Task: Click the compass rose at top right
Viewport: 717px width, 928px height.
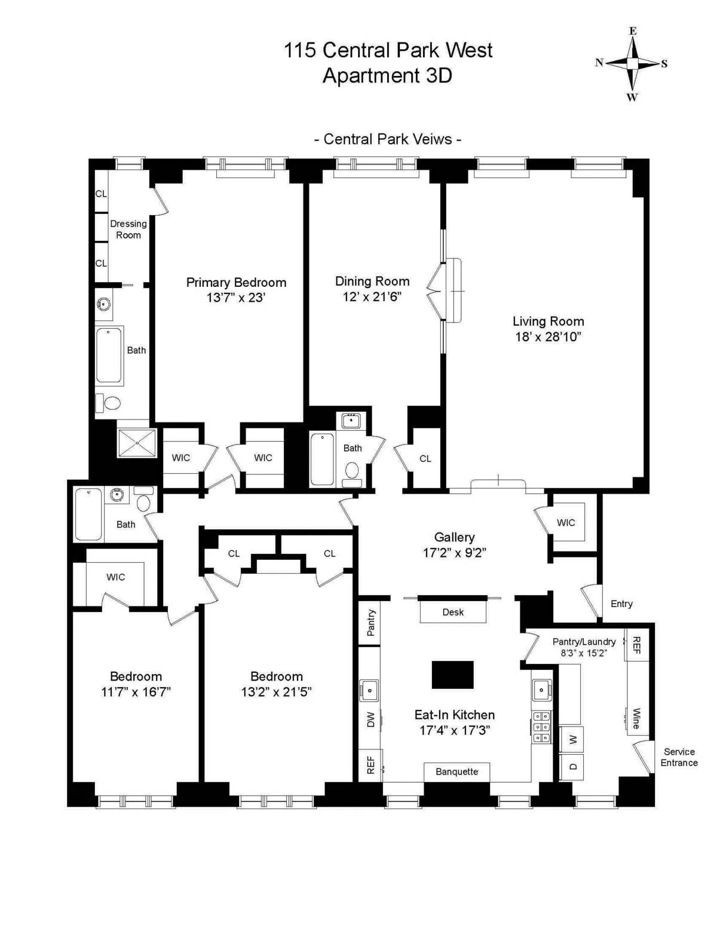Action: click(x=632, y=63)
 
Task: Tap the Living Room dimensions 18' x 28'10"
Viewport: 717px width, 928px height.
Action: click(x=548, y=336)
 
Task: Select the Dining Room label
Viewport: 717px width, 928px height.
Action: click(x=372, y=281)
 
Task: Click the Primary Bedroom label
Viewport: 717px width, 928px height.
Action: click(x=236, y=282)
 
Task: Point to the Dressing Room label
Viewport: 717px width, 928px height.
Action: click(x=128, y=229)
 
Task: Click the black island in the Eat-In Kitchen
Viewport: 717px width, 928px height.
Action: click(x=452, y=675)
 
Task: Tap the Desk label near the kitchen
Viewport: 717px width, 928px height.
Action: click(x=453, y=612)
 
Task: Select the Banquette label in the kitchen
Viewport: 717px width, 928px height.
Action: click(x=456, y=771)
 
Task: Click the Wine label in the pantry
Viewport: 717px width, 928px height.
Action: click(x=636, y=718)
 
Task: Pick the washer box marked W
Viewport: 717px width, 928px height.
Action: click(x=572, y=740)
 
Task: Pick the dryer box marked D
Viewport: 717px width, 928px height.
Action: click(x=572, y=767)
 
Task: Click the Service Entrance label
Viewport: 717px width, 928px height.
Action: click(x=679, y=757)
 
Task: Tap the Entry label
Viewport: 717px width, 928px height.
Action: click(x=621, y=604)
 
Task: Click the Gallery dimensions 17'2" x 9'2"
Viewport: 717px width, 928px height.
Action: click(x=454, y=553)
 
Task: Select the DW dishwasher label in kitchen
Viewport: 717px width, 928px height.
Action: click(x=370, y=719)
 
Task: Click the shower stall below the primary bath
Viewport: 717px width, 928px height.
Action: click(x=137, y=443)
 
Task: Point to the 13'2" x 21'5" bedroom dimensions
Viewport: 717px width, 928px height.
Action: click(x=276, y=692)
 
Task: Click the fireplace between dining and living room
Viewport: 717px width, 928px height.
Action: click(x=454, y=290)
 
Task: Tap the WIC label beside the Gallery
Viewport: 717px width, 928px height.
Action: click(x=566, y=522)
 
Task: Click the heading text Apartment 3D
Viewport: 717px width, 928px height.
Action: click(x=387, y=76)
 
